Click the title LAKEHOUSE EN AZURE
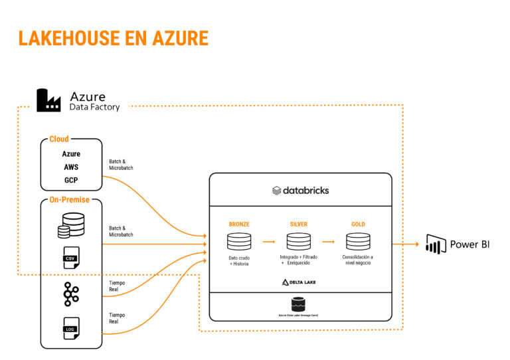point(113,38)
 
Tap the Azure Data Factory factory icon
point(49,100)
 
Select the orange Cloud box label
point(59,139)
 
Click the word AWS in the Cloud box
point(71,167)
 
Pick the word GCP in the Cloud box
point(71,180)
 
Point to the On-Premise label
point(69,199)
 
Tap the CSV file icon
point(70,258)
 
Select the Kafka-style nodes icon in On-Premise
point(71,294)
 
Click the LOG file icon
point(70,328)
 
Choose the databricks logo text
point(300,191)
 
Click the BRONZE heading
point(239,225)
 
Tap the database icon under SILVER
point(299,241)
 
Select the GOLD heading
point(358,225)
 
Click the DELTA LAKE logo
point(299,282)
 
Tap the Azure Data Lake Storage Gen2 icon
point(299,304)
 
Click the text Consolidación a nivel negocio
point(358,260)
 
